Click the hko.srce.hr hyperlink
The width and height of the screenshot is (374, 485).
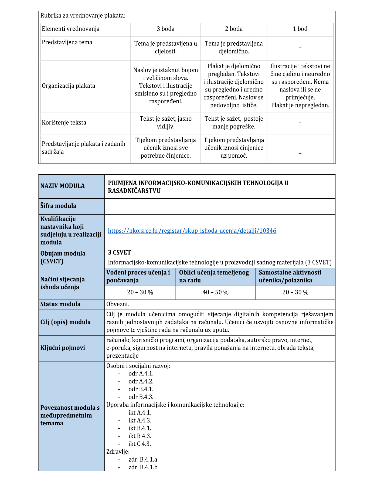click(192, 231)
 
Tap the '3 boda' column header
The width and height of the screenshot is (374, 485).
click(165, 29)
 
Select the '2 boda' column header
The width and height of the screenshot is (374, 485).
click(234, 29)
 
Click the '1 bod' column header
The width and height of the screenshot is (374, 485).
click(300, 29)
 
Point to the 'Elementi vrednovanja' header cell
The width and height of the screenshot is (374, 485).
click(70, 29)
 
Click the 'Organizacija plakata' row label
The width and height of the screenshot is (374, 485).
click(68, 86)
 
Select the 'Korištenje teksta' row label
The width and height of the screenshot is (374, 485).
click(64, 123)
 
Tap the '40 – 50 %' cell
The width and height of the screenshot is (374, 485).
click(215, 292)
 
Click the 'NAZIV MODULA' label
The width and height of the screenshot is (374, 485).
click(62, 186)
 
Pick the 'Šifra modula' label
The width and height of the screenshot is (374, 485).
click(58, 206)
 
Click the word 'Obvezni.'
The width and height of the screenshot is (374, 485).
click(118, 304)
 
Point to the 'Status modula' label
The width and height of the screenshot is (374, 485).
click(60, 304)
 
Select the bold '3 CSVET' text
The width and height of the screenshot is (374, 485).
click(119, 253)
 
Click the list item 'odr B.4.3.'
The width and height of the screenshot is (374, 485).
click(141, 397)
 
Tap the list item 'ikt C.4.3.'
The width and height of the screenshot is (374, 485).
click(140, 444)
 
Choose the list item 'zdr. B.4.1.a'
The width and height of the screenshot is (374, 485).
click(143, 460)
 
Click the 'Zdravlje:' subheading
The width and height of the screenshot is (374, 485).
click(118, 452)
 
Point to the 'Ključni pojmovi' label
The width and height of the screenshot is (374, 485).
click(63, 348)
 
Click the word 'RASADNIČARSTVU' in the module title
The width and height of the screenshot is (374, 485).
click(134, 191)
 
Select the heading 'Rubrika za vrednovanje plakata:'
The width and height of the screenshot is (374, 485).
click(83, 16)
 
